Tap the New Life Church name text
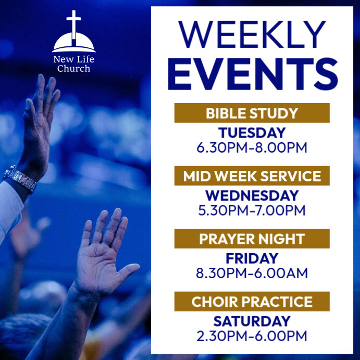pos(74,64)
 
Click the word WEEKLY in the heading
pos(252,35)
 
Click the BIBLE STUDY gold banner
pos(252,113)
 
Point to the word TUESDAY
pos(252,133)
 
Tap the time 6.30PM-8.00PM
pos(252,147)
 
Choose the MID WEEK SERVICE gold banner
pos(252,176)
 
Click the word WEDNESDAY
pos(252,196)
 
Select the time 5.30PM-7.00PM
pos(252,210)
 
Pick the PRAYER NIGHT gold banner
pos(252,239)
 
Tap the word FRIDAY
pos(252,258)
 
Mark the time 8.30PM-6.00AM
pos(252,273)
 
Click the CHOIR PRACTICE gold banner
pos(252,301)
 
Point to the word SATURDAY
pos(252,321)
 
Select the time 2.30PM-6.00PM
pos(252,336)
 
